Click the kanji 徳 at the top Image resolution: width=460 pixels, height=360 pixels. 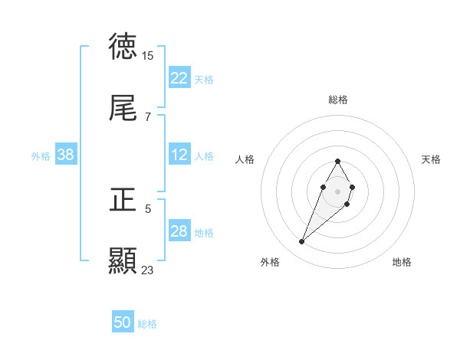tap(123, 47)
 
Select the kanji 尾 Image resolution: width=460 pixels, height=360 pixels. tap(123, 110)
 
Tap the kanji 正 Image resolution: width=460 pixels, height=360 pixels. tap(123, 200)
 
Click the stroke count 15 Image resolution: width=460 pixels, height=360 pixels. tap(147, 56)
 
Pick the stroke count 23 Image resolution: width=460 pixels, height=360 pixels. tap(147, 270)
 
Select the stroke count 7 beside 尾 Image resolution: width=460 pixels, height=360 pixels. tap(147, 117)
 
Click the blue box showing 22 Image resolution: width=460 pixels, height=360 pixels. tap(179, 78)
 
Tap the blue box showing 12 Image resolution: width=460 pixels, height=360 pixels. tap(179, 155)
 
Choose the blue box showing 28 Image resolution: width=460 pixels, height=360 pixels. tap(179, 231)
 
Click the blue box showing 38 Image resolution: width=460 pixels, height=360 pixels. tap(66, 155)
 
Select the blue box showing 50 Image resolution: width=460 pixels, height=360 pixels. tap(123, 322)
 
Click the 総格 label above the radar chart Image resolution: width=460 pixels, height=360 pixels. tap(338, 100)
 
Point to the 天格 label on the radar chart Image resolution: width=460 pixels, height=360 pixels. tap(431, 159)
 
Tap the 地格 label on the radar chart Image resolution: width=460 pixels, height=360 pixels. tap(402, 262)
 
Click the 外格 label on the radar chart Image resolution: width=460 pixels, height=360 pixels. tap(270, 262)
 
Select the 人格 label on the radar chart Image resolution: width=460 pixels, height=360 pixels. tap(245, 159)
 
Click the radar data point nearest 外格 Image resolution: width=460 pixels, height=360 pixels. tap(302, 242)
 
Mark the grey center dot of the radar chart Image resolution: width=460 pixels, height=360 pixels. tap(337, 190)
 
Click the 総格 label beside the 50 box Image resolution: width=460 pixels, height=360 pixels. tap(147, 324)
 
